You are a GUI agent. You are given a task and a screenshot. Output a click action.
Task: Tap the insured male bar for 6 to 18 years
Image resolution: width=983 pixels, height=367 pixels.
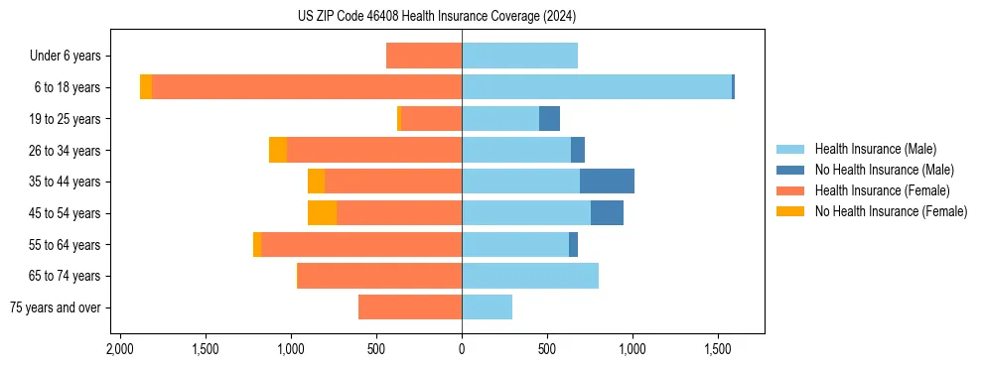pos(596,87)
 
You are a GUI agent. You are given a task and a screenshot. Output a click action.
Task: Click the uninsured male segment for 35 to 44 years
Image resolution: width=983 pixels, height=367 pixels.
pos(607,182)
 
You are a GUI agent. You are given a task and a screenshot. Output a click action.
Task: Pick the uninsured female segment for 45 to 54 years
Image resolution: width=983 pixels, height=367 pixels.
pos(322,213)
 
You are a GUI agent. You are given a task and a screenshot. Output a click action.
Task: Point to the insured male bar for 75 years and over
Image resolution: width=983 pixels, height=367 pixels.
pos(487,307)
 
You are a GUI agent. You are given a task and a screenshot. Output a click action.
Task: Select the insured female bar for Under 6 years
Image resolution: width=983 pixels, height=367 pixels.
pos(424,56)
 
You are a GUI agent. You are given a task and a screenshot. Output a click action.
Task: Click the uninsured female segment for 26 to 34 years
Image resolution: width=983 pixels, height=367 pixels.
pos(278,150)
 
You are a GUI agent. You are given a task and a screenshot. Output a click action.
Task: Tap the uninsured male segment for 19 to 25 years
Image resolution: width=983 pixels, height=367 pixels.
pos(549,119)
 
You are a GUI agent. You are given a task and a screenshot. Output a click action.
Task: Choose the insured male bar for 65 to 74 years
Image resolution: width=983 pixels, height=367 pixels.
pos(529,276)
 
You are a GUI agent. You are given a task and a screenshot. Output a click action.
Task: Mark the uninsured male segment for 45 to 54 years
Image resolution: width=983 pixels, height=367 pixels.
pos(607,213)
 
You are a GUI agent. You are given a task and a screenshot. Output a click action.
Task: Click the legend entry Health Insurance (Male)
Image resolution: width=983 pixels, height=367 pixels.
pos(875,149)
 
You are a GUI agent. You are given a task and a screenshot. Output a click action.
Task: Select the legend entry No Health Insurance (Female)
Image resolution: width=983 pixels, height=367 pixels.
pos(891,211)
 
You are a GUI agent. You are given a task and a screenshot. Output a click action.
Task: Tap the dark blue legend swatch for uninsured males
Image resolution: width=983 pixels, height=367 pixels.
pos(790,170)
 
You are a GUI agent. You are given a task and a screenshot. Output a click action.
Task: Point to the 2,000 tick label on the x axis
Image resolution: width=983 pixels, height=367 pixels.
pos(119,350)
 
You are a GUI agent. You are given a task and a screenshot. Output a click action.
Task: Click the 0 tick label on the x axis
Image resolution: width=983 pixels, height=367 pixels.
pos(462,350)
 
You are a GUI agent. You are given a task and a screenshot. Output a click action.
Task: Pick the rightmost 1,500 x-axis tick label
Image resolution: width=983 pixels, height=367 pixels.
pos(718,350)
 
